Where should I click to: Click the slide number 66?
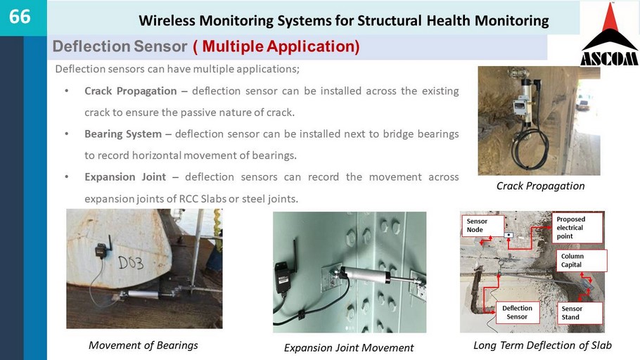coord(20,17)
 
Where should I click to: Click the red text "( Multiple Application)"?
coord(276,46)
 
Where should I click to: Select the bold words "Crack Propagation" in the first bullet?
coord(131,91)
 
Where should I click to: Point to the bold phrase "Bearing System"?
coord(123,134)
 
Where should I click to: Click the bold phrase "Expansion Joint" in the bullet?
coord(125,176)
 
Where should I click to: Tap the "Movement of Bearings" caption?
coord(143,345)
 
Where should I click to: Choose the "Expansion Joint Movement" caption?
coord(349,348)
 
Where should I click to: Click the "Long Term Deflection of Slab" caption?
coord(542,345)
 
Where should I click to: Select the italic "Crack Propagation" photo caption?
coord(540,186)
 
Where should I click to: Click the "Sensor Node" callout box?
coord(483,225)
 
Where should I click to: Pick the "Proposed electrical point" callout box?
coord(577,228)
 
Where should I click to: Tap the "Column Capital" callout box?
coord(581,260)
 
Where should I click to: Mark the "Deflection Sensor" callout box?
coord(517,313)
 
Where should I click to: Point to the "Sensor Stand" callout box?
coord(580,313)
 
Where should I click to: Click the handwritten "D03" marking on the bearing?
coord(131,263)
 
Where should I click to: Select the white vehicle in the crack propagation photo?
coord(583,103)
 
